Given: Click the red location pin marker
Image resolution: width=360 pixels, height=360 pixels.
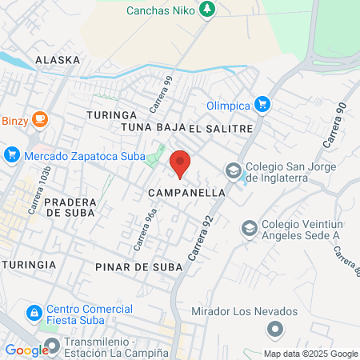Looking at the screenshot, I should point(181,163).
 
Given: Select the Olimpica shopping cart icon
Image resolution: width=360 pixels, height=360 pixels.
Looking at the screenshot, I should point(262,104).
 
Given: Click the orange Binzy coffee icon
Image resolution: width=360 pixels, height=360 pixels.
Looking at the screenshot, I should point(40,121).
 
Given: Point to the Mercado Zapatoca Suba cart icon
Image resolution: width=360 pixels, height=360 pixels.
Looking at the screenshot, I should point(11,155).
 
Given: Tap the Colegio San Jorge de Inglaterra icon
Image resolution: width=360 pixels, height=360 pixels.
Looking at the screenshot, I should point(233,170).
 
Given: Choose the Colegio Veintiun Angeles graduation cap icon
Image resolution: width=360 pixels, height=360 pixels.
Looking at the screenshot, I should point(250,228).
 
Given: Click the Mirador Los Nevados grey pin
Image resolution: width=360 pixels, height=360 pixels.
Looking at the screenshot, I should point(275,329).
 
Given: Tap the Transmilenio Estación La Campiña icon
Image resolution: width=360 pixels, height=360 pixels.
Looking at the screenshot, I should point(53,346).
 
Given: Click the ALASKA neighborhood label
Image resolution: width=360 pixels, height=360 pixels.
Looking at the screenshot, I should point(58,60).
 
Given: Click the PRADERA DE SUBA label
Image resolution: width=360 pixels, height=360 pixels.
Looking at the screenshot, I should point(70,208).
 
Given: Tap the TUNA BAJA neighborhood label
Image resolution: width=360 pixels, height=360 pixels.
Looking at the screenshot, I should point(152,128).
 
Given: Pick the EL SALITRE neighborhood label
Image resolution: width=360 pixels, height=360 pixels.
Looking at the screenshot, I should point(221,128).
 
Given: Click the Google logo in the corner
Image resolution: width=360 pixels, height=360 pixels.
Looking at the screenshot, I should point(26,350).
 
